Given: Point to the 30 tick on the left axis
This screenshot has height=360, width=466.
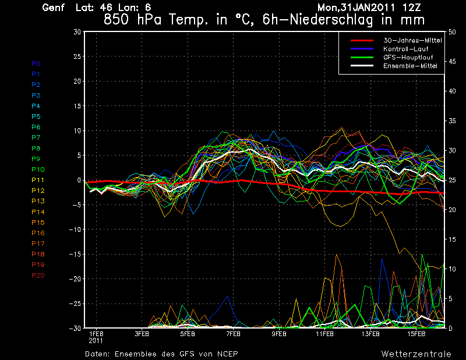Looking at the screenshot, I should [x=77, y=32].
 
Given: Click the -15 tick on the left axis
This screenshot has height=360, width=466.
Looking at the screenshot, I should [x=75, y=255].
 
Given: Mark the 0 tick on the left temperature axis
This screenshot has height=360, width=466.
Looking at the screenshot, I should [x=79, y=181].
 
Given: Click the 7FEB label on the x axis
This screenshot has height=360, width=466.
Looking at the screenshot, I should [x=233, y=334].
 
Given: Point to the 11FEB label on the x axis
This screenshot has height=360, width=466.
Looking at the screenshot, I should [x=325, y=334].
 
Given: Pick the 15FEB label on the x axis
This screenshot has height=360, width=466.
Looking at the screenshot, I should [x=416, y=334].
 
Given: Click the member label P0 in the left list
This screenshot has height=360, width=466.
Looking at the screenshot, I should [x=36, y=63].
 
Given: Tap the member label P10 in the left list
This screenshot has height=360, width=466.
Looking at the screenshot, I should [x=38, y=170].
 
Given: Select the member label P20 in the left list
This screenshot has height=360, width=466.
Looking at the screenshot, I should [x=38, y=276].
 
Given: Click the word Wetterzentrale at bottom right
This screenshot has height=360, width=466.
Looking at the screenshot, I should [x=416, y=354].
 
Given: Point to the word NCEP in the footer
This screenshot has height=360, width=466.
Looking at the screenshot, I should [x=227, y=354].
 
